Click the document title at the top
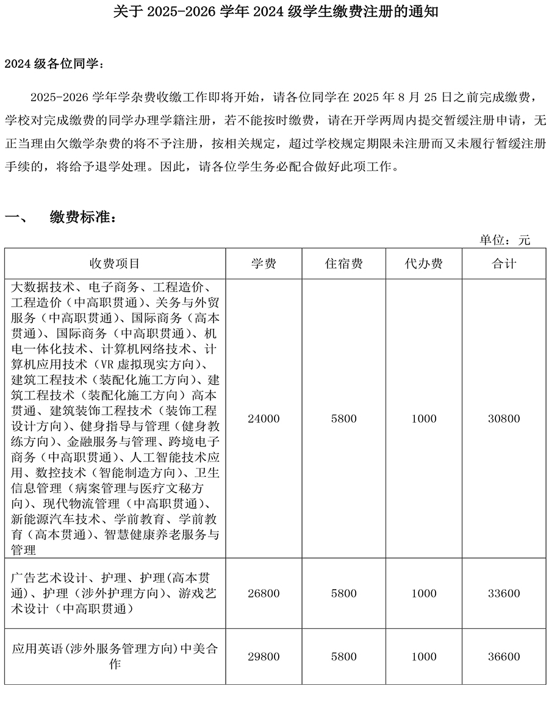(276, 13)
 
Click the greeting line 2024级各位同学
(54, 64)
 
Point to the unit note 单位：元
(504, 240)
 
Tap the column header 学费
(264, 263)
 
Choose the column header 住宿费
(343, 263)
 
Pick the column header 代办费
(423, 263)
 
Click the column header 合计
(504, 263)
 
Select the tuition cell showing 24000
(264, 419)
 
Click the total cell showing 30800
(504, 419)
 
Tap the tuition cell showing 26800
(264, 593)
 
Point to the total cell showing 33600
(504, 593)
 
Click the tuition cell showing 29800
(264, 657)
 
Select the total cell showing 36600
(504, 657)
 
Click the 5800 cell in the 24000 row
(343, 419)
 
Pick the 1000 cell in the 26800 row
(423, 593)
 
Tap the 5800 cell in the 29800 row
(343, 657)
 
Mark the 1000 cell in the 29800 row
(423, 657)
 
